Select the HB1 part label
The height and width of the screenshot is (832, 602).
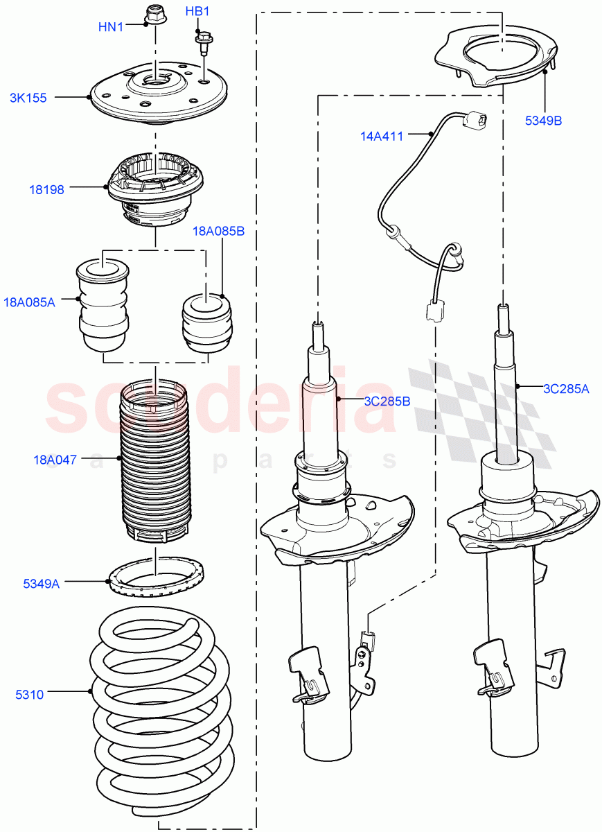coord(197,12)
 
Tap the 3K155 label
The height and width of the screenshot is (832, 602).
coord(28,98)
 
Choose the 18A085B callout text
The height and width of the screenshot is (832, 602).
coord(218,232)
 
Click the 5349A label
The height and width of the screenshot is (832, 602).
coord(41,584)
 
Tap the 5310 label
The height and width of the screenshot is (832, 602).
coord(30,694)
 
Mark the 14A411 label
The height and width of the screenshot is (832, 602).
coord(381,137)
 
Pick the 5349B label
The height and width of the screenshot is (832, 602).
coord(543,120)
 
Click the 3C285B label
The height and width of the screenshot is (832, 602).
coord(387,400)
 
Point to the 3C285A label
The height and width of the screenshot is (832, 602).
coord(565,389)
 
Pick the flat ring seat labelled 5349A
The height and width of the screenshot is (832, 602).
coord(157,580)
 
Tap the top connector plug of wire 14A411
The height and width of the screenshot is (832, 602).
coord(475,121)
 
